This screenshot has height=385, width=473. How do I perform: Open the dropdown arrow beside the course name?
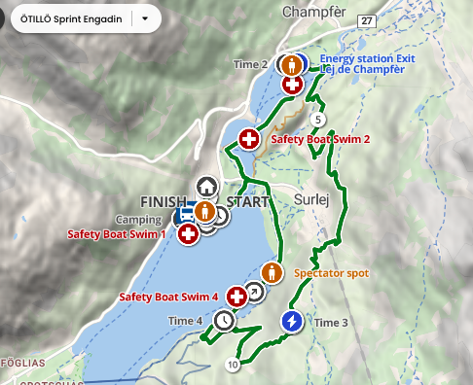pos(145,18)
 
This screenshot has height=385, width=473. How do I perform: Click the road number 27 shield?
pos(366,20)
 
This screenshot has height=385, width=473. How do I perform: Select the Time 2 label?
pos(251,64)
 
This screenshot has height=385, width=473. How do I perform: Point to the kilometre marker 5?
pos(317,120)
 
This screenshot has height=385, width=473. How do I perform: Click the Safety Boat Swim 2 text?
pos(320,140)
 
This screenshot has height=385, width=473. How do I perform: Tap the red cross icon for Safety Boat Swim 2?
pos(248,140)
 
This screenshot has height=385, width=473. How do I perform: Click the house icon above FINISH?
pos(205,186)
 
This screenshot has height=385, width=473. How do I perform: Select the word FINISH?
pos(163,201)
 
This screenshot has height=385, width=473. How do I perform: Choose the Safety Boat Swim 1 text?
pos(116,234)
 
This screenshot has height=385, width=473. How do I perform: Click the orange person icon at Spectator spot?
pos(272,273)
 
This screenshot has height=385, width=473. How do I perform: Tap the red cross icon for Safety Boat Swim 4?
pos(236,297)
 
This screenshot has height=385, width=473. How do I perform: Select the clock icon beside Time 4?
pos(225,320)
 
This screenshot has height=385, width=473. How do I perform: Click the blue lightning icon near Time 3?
pos(291,321)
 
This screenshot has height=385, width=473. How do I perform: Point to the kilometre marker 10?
pos(232,365)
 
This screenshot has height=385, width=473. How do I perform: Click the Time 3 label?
pos(332,322)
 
